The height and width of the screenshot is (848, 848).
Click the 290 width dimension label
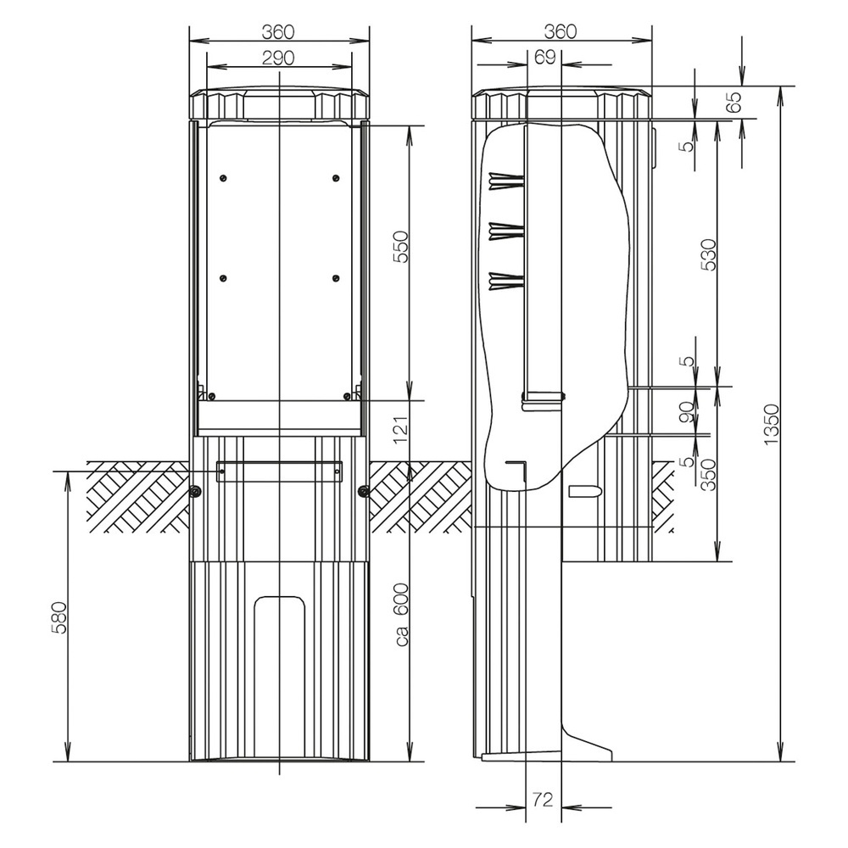(x=277, y=58)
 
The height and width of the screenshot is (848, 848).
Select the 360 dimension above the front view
(x=277, y=31)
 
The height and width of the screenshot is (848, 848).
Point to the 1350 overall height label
(x=771, y=424)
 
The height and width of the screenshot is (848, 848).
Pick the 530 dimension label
(x=710, y=254)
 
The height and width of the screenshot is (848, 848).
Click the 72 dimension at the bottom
(x=544, y=799)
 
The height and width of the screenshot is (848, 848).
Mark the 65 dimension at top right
(x=734, y=102)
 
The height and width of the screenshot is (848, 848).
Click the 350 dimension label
(x=710, y=476)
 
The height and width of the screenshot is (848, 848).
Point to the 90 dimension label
(x=686, y=411)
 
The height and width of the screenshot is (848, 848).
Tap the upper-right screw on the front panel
(x=336, y=177)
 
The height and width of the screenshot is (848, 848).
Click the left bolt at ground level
(x=196, y=491)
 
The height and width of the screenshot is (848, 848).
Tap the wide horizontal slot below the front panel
(x=279, y=471)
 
